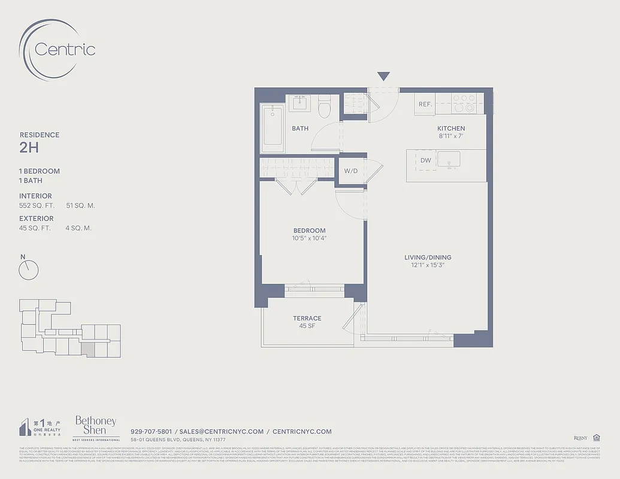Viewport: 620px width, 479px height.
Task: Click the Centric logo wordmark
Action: [65, 49]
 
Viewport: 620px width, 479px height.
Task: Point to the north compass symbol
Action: [28, 269]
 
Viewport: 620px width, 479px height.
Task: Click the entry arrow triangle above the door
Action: [383, 77]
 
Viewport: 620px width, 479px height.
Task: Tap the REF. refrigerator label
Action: [425, 104]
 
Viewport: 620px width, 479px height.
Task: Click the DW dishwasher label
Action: [425, 160]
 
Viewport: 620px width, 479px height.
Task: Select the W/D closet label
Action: [350, 171]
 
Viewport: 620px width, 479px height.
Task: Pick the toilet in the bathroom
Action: [325, 107]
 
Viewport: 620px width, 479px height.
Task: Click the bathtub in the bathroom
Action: [273, 125]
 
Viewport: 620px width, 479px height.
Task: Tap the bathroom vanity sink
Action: [298, 104]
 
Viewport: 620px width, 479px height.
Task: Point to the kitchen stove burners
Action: [464, 103]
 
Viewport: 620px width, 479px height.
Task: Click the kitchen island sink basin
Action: [448, 159]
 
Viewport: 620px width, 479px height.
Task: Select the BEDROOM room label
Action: [309, 231]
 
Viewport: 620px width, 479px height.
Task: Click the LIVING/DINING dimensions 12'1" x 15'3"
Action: [427, 265]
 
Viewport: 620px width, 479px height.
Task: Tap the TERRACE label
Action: [307, 319]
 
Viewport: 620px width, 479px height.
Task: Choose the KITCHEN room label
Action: [450, 129]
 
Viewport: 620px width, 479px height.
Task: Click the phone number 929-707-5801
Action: [151, 431]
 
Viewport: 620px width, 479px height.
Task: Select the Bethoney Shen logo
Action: [95, 426]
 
